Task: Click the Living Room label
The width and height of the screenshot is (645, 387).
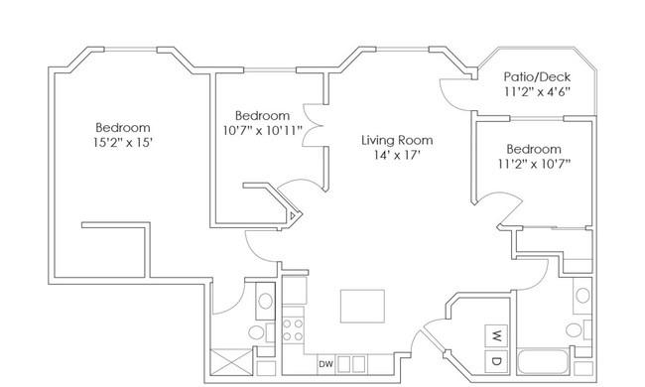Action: click(x=397, y=140)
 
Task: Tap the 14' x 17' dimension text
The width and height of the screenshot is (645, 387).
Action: click(x=397, y=155)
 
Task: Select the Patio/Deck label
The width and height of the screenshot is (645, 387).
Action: click(x=537, y=77)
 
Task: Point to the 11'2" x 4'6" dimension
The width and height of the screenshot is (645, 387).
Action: click(x=537, y=91)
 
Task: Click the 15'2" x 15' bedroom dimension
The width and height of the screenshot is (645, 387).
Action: click(x=123, y=142)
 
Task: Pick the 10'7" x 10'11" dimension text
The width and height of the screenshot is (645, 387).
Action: click(x=262, y=130)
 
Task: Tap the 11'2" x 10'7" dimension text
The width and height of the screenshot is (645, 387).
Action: click(x=534, y=164)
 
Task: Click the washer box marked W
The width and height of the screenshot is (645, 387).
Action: click(x=496, y=336)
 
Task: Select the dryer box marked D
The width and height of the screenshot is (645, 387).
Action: click(x=496, y=361)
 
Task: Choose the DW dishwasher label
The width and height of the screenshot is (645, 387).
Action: click(x=325, y=364)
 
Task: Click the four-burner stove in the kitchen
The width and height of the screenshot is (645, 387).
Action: click(x=293, y=330)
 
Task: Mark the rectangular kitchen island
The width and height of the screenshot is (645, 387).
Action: click(x=362, y=306)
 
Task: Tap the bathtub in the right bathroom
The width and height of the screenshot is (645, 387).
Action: click(x=544, y=361)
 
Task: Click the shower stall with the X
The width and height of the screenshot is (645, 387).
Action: click(x=231, y=362)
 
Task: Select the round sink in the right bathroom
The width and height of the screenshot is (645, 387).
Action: click(x=582, y=295)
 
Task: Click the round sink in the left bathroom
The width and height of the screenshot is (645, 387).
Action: click(x=265, y=301)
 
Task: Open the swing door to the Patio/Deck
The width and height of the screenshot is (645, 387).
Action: click(x=456, y=94)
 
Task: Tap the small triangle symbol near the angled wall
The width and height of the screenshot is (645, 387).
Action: click(x=292, y=215)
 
